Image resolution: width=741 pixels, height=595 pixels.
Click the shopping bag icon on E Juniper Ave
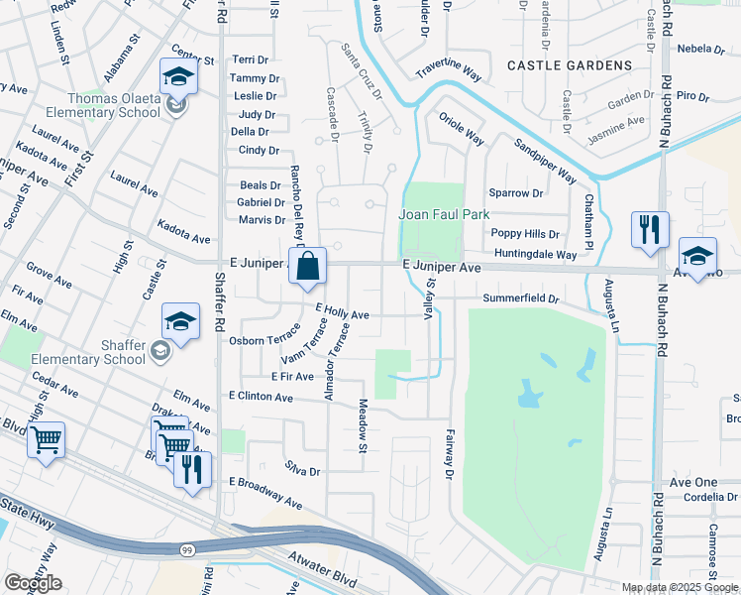[x=308, y=266]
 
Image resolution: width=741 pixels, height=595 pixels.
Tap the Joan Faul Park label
[x=445, y=214]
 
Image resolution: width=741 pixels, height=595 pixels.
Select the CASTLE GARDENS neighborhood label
[x=569, y=65]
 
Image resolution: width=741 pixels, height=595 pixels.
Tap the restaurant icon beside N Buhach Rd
[x=650, y=230]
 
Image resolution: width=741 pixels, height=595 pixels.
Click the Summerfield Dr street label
[x=521, y=298]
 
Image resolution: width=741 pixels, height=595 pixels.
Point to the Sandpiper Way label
[x=545, y=161]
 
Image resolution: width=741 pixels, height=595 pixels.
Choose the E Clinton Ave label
[x=261, y=397]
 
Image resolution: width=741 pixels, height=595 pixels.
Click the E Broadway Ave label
[x=265, y=492]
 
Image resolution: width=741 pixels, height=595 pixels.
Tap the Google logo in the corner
[x=33, y=583]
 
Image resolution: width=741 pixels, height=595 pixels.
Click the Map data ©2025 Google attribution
[x=679, y=587]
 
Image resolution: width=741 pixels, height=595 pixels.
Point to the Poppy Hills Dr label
[x=526, y=234]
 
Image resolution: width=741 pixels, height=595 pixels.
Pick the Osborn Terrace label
[x=264, y=339]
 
